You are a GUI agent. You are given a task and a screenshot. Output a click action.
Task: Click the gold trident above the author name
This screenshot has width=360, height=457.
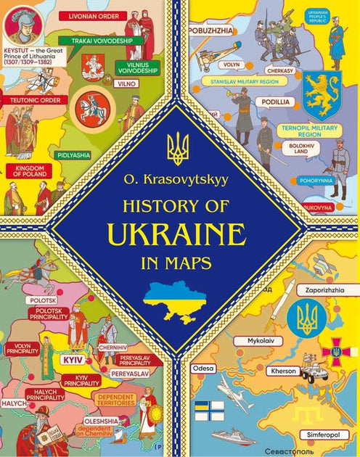click(178, 149)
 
